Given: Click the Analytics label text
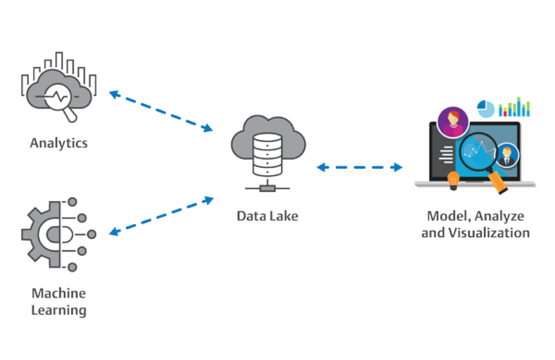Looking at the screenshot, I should point(59,144).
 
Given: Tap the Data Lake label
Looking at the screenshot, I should point(268,216).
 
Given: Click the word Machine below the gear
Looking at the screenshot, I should point(59,293).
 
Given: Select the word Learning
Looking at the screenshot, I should point(59,309).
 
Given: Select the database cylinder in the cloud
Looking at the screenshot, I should point(268,153).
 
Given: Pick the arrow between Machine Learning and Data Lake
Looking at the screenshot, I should point(161,216).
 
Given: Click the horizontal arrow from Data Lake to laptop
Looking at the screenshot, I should point(359,167).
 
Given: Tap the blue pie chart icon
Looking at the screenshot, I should point(485,108).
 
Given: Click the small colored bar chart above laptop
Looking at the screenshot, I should point(514,108).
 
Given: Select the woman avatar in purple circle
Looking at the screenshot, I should point(453,121).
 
